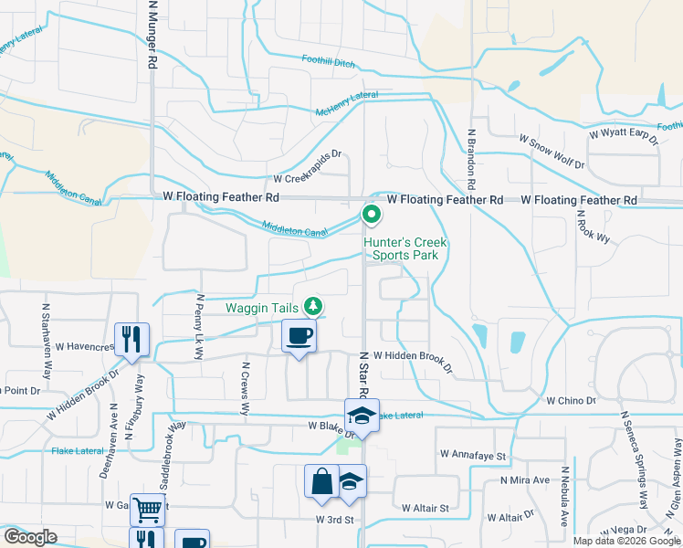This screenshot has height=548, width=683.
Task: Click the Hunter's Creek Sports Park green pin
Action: pos(372,216)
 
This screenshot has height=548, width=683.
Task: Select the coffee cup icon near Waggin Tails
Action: pos(299,337)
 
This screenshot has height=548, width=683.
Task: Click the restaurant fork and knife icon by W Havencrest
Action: pos(131,340)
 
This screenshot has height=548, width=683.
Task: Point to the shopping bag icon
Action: pos(321,481)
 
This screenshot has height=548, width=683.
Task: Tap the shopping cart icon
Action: pos(146,509)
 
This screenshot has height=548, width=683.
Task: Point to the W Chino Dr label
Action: pos(571,400)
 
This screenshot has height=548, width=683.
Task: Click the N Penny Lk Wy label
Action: pos(198,317)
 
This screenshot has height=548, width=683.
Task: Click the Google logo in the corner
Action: pos(30,537)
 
